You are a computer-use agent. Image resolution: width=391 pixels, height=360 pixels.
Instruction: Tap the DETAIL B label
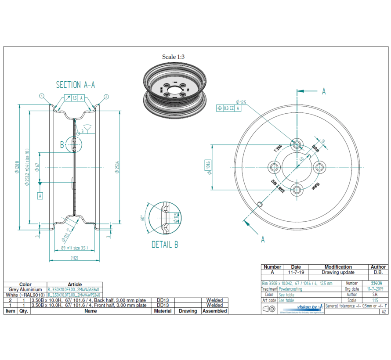click(x=165, y=245)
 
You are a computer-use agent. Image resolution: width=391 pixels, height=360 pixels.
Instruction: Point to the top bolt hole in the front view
click(x=297, y=144)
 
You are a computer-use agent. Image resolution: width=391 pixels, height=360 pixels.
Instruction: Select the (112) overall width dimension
click(x=74, y=258)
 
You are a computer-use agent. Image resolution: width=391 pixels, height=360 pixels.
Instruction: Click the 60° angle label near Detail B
click(x=142, y=218)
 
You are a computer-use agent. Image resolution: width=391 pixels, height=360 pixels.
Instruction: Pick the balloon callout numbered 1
click(x=41, y=95)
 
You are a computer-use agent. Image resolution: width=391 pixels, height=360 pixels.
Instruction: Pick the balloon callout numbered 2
click(x=106, y=97)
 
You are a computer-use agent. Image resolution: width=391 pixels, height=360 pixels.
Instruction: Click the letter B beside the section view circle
click(x=62, y=144)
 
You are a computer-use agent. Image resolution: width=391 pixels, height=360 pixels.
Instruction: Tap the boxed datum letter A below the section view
click(x=40, y=195)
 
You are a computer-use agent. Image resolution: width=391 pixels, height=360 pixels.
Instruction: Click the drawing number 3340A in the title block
click(x=377, y=284)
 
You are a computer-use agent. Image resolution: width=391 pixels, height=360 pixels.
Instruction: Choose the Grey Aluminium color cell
click(x=25, y=290)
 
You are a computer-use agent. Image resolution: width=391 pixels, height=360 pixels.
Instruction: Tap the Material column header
click(x=163, y=311)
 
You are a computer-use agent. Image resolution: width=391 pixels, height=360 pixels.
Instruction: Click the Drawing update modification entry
click(x=338, y=272)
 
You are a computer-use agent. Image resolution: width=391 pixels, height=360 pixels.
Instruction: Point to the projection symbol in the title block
click(x=269, y=309)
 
